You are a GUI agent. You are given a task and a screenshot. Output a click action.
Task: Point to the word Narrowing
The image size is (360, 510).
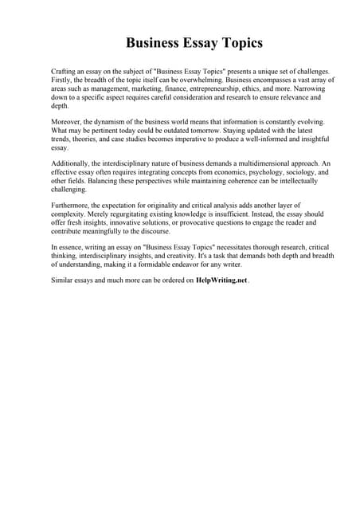312,89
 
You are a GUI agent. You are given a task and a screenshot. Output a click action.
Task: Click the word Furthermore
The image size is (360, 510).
72,205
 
